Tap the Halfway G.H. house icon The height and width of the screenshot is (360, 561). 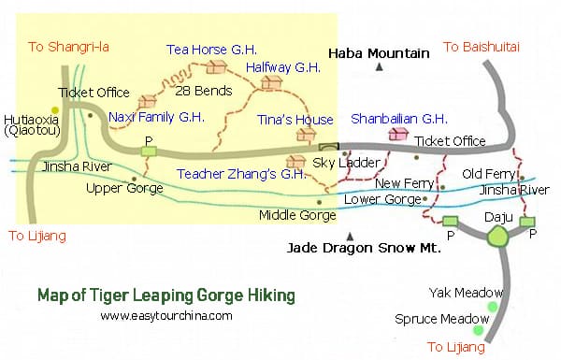coord(272,83)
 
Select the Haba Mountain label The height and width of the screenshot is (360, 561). coord(378,53)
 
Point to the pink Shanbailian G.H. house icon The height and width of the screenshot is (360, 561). coord(398,135)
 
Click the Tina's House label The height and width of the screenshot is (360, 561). coord(295,120)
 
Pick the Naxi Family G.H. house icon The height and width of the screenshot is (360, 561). coord(147,101)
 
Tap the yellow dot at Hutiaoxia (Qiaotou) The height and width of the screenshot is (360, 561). coord(55,110)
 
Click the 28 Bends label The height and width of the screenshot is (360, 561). coord(201,90)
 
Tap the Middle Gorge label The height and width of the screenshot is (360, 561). coord(297,215)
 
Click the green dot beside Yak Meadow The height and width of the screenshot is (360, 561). coord(492,307)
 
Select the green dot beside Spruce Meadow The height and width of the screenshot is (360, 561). coord(480,330)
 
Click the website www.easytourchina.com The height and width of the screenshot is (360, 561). coord(166,316)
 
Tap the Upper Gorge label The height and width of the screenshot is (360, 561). coord(124,188)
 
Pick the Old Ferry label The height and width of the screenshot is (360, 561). coord(488,174)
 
